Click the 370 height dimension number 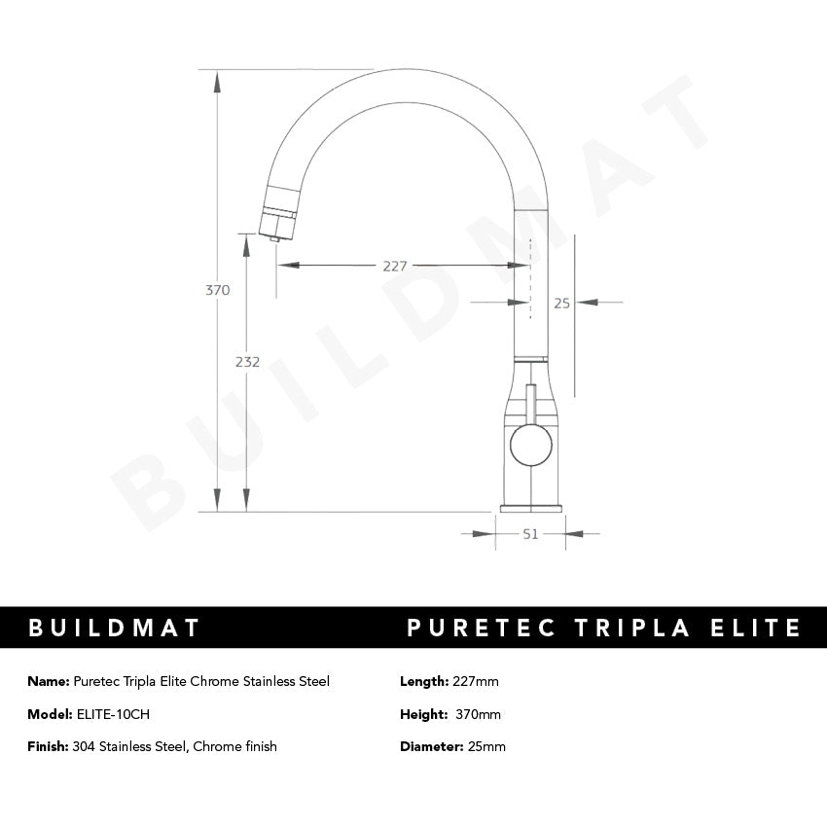pos(218,290)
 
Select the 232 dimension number pos(248,362)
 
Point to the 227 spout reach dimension pos(395,266)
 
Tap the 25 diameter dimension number pos(561,303)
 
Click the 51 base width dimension pos(531,533)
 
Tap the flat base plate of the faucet pos(530,508)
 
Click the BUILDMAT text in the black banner pos(114,628)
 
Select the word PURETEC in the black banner pos(480,628)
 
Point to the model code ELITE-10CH pos(113,714)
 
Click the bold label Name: pos(48,681)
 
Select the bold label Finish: pos(48,746)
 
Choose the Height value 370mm pos(479,714)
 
